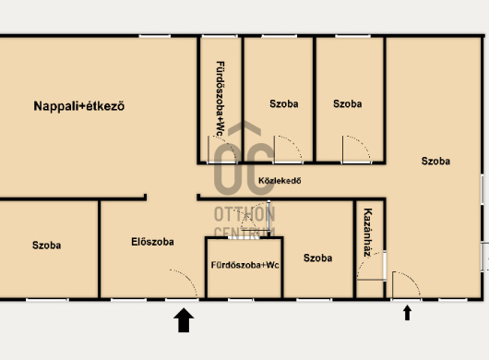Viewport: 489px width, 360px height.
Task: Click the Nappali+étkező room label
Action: click(79, 106)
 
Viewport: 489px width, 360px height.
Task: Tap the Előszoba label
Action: click(152, 242)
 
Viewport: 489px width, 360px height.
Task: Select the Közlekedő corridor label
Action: click(280, 181)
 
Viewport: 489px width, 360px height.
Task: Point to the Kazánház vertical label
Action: click(368, 233)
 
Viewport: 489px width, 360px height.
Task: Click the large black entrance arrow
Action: click(184, 320)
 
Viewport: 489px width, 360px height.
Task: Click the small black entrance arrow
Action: click(407, 313)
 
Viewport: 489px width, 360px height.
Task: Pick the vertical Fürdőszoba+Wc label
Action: click(221, 99)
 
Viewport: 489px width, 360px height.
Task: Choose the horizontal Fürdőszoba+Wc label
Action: click(244, 265)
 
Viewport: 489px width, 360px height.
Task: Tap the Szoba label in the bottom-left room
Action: click(46, 246)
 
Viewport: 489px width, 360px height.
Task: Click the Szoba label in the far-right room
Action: click(435, 161)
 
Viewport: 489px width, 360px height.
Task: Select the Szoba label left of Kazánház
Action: click(317, 258)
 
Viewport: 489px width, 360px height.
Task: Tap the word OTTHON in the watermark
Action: click(244, 214)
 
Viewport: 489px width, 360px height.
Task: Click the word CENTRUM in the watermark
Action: click(244, 232)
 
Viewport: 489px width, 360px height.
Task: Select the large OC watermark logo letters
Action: click(244, 168)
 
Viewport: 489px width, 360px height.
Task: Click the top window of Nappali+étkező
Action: click(155, 36)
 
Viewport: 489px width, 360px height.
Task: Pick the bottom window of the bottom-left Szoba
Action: click(47, 300)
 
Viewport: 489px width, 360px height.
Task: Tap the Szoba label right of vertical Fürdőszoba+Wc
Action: click(284, 104)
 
